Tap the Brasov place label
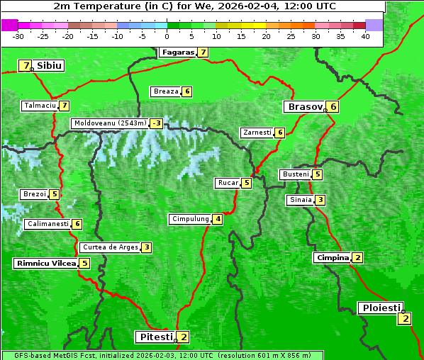pos(303,107)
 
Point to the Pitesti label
pos(155,337)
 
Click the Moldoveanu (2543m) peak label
pos(109,123)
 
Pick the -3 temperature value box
pos(156,123)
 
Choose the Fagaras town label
pos(177,52)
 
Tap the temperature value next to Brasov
pos(333,107)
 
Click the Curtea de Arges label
pos(109,247)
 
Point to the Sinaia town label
pos(300,200)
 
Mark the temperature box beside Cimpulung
pos(218,219)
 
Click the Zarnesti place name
pos(257,133)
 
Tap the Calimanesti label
pos(48,224)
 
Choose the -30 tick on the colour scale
pos(18,36)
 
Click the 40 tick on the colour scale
pos(365,36)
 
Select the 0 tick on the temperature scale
pos(167,36)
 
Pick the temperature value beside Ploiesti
pos(405,318)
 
